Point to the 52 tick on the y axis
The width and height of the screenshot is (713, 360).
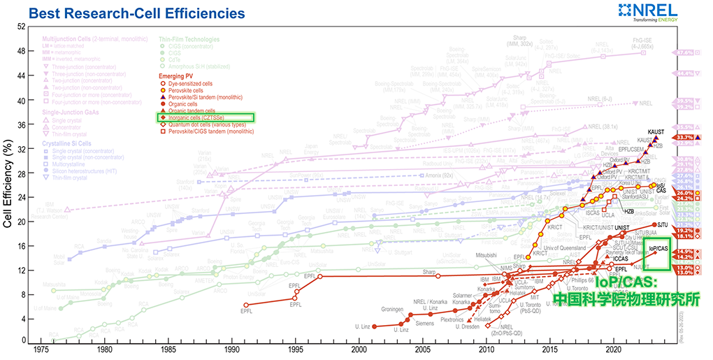21,27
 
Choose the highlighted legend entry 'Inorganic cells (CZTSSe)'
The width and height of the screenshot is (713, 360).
206,118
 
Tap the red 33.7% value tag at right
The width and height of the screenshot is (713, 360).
685,138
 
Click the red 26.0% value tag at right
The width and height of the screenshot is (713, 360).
685,192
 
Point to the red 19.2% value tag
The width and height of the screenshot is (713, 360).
685,230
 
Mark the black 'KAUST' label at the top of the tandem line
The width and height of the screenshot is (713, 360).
656,132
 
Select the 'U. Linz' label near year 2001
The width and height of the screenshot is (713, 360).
361,326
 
